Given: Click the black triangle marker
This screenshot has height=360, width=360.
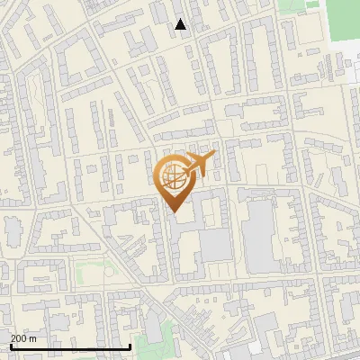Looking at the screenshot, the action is (x=181, y=24).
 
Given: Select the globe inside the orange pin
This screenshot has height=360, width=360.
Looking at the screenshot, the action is (x=174, y=178).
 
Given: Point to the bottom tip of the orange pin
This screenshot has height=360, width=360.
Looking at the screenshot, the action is (x=174, y=212).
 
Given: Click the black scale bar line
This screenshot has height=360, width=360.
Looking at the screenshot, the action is (x=70, y=346).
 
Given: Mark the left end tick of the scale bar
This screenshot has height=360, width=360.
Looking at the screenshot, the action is (x=11, y=345).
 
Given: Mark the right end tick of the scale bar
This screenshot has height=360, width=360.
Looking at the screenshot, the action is (x=130, y=345).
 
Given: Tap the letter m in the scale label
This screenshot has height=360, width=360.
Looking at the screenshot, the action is (x=33, y=338).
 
